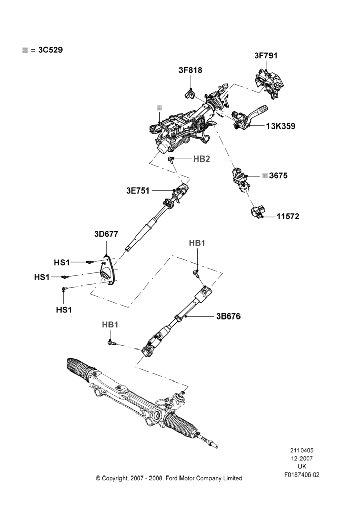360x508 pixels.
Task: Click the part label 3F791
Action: tap(265, 56)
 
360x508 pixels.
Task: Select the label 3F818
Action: tap(190, 70)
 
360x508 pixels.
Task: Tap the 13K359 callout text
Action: tap(281, 126)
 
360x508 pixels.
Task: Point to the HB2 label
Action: tap(202, 158)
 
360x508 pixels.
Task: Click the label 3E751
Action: tap(138, 191)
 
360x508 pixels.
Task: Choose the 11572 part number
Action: tap(288, 216)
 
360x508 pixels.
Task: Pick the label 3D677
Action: tap(106, 234)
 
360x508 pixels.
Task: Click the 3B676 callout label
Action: tap(228, 316)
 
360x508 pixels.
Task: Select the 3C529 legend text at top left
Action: tap(50, 50)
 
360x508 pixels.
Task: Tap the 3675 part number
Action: tap(278, 176)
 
